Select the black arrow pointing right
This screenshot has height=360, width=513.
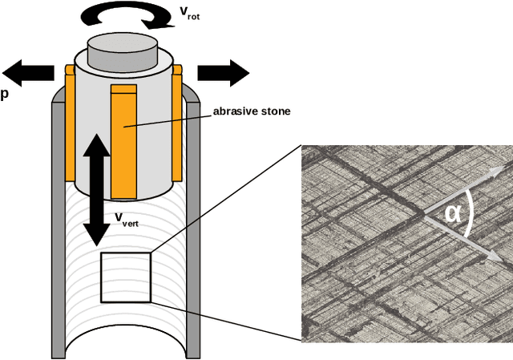225,72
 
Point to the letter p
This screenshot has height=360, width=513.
5,94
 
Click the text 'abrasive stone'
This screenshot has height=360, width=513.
251,111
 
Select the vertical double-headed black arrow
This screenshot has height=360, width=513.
97,189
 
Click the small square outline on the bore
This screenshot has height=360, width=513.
125,277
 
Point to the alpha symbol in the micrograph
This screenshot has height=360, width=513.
454,212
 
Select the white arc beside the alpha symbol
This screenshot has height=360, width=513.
473,212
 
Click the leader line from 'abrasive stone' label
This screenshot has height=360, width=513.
168,119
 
